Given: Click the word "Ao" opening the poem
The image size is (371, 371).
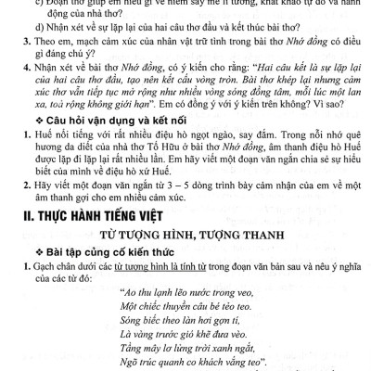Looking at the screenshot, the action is click(x=125, y=322).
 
